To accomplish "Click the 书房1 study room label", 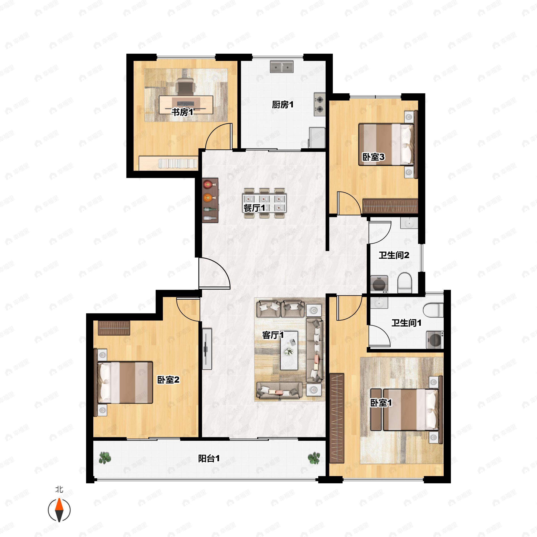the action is (182, 112).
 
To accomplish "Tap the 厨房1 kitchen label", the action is (282, 104).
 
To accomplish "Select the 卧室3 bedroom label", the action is (373, 157).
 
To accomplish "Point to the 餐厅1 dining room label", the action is (254, 208).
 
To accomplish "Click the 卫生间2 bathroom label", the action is (394, 255).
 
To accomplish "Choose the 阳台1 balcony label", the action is (209, 458).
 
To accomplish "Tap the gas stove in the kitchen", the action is (320, 104).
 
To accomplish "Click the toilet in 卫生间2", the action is (404, 282).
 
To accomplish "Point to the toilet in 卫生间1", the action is (433, 310).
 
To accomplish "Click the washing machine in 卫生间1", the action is (435, 340).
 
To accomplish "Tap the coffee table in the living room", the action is (289, 350).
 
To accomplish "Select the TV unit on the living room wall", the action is (207, 349).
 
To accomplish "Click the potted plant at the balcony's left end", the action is (105, 458).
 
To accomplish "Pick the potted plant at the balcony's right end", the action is (314, 458).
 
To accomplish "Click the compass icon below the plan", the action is (59, 510).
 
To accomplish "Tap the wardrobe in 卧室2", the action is (114, 328).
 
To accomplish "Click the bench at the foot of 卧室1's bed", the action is (376, 409).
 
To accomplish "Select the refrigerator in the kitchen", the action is (317, 138).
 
